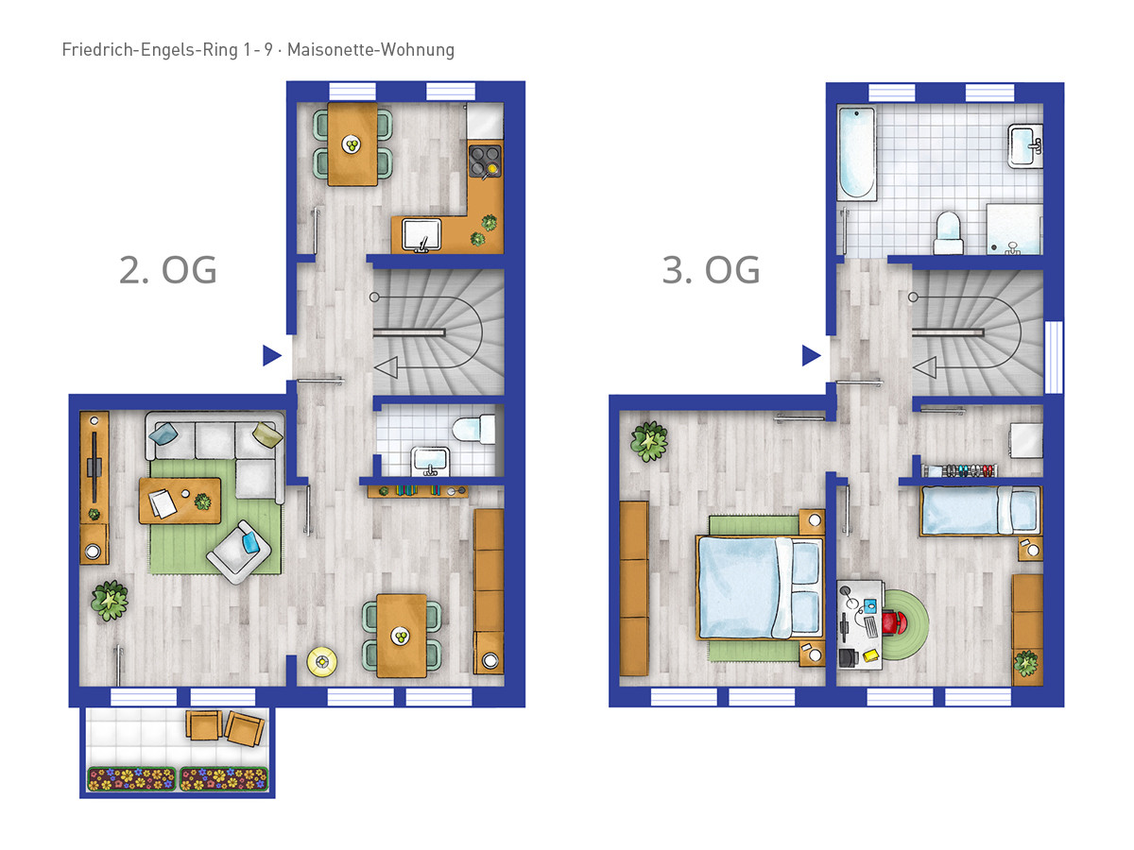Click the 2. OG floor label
point(167,270)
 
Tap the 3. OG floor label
point(711,270)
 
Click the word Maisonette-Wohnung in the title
point(370,49)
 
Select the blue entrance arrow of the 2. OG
point(272,355)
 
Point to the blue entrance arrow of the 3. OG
point(811,355)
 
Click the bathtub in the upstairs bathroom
point(856,153)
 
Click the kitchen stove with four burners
point(485,161)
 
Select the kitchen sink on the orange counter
point(421,235)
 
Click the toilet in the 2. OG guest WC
point(473,429)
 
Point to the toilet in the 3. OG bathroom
point(949,232)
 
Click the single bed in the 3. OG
point(981,511)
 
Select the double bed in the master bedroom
point(760,588)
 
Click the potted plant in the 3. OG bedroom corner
point(649,441)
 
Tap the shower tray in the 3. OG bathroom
point(1014,229)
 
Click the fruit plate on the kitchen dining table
point(352,144)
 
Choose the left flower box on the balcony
point(132,779)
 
